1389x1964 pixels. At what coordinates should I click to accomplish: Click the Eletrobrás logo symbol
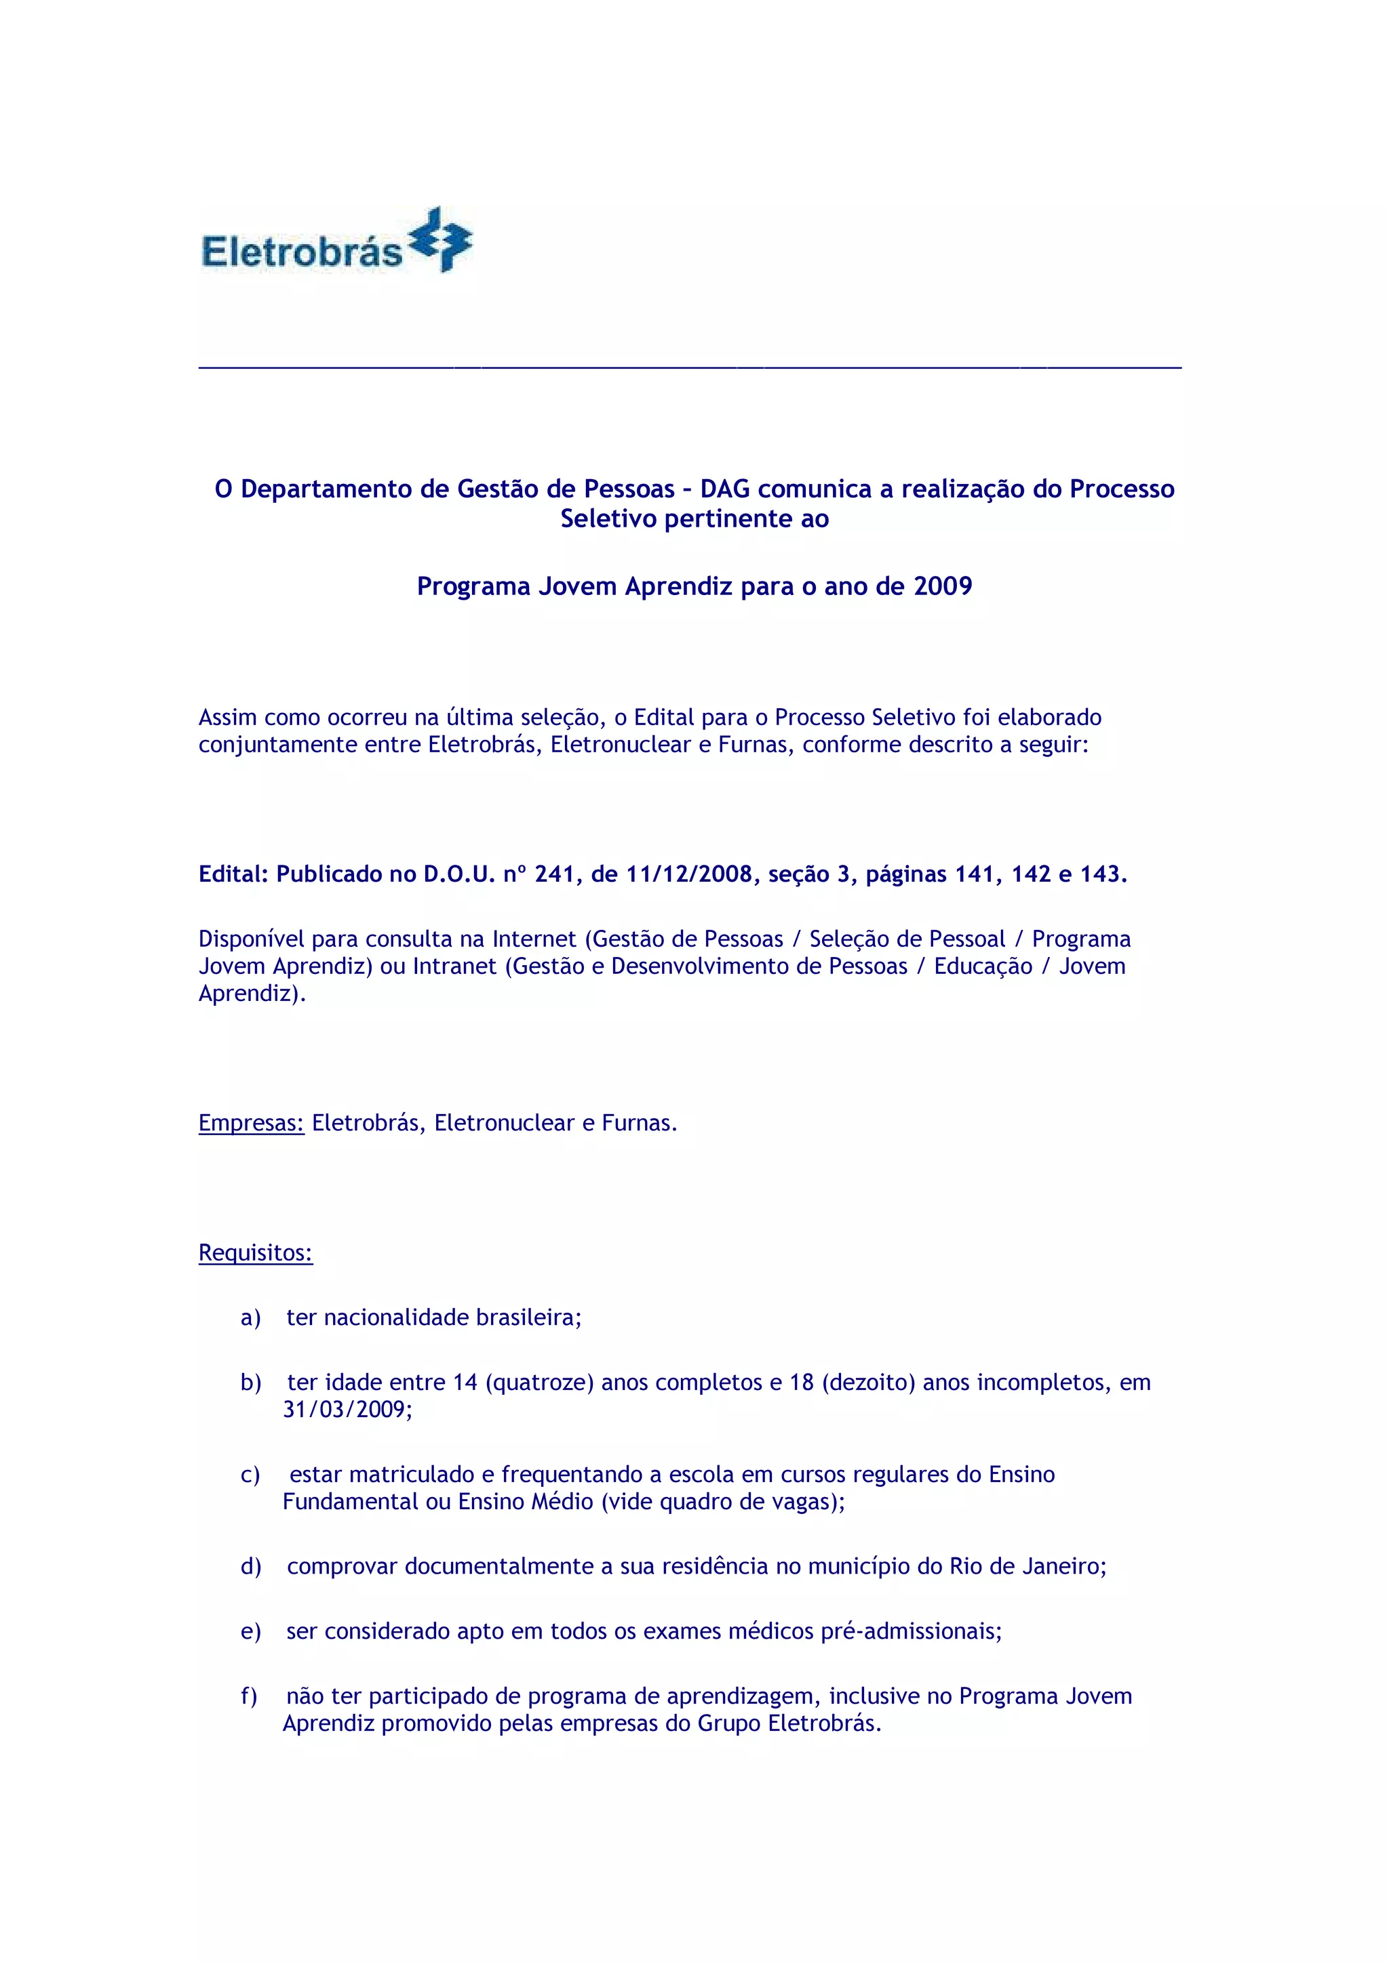441,239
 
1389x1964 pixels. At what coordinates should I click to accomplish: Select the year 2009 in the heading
943,586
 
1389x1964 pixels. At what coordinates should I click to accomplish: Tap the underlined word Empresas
252,1122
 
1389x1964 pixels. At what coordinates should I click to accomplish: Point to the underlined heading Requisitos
256,1252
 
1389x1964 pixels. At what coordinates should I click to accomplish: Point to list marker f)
249,1696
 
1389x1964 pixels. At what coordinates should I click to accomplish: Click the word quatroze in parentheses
539,1383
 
